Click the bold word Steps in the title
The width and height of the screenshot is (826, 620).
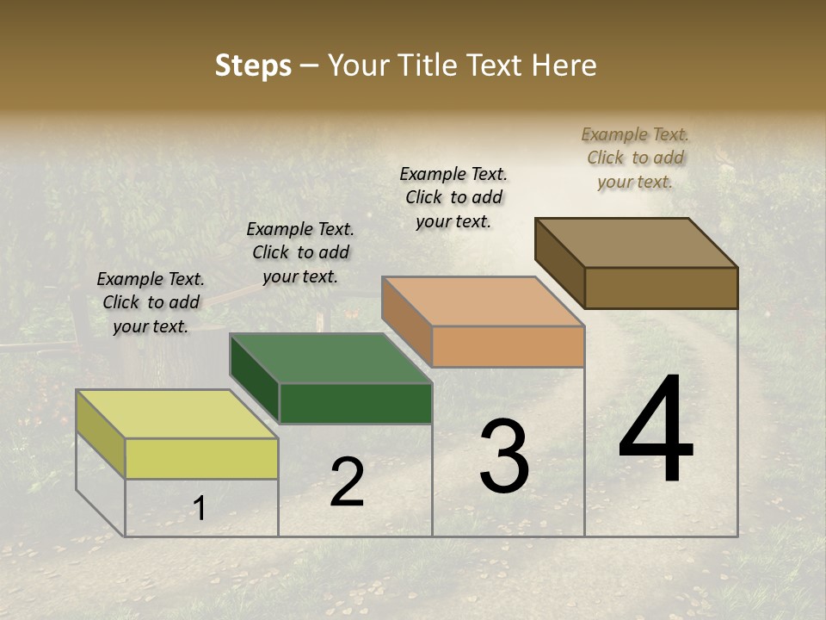[252, 65]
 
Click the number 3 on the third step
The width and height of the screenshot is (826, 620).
[503, 456]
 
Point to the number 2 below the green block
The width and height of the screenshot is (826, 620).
[347, 482]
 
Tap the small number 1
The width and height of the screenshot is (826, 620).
[199, 509]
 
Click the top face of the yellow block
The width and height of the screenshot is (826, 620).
[176, 414]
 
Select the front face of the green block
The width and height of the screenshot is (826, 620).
[355, 403]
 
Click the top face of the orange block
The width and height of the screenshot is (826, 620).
[483, 301]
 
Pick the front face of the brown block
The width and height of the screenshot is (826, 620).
[661, 288]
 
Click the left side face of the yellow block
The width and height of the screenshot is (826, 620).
[101, 433]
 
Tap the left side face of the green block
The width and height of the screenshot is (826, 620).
[255, 377]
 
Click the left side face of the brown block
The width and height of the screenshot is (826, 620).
[559, 261]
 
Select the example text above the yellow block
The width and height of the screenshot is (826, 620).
[151, 302]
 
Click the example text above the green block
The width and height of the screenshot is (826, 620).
[300, 252]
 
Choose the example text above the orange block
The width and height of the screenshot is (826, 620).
[453, 197]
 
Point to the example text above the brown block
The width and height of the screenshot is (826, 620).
[635, 158]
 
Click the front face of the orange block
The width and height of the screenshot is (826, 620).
[508, 347]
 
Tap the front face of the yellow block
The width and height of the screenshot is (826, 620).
[201, 458]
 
